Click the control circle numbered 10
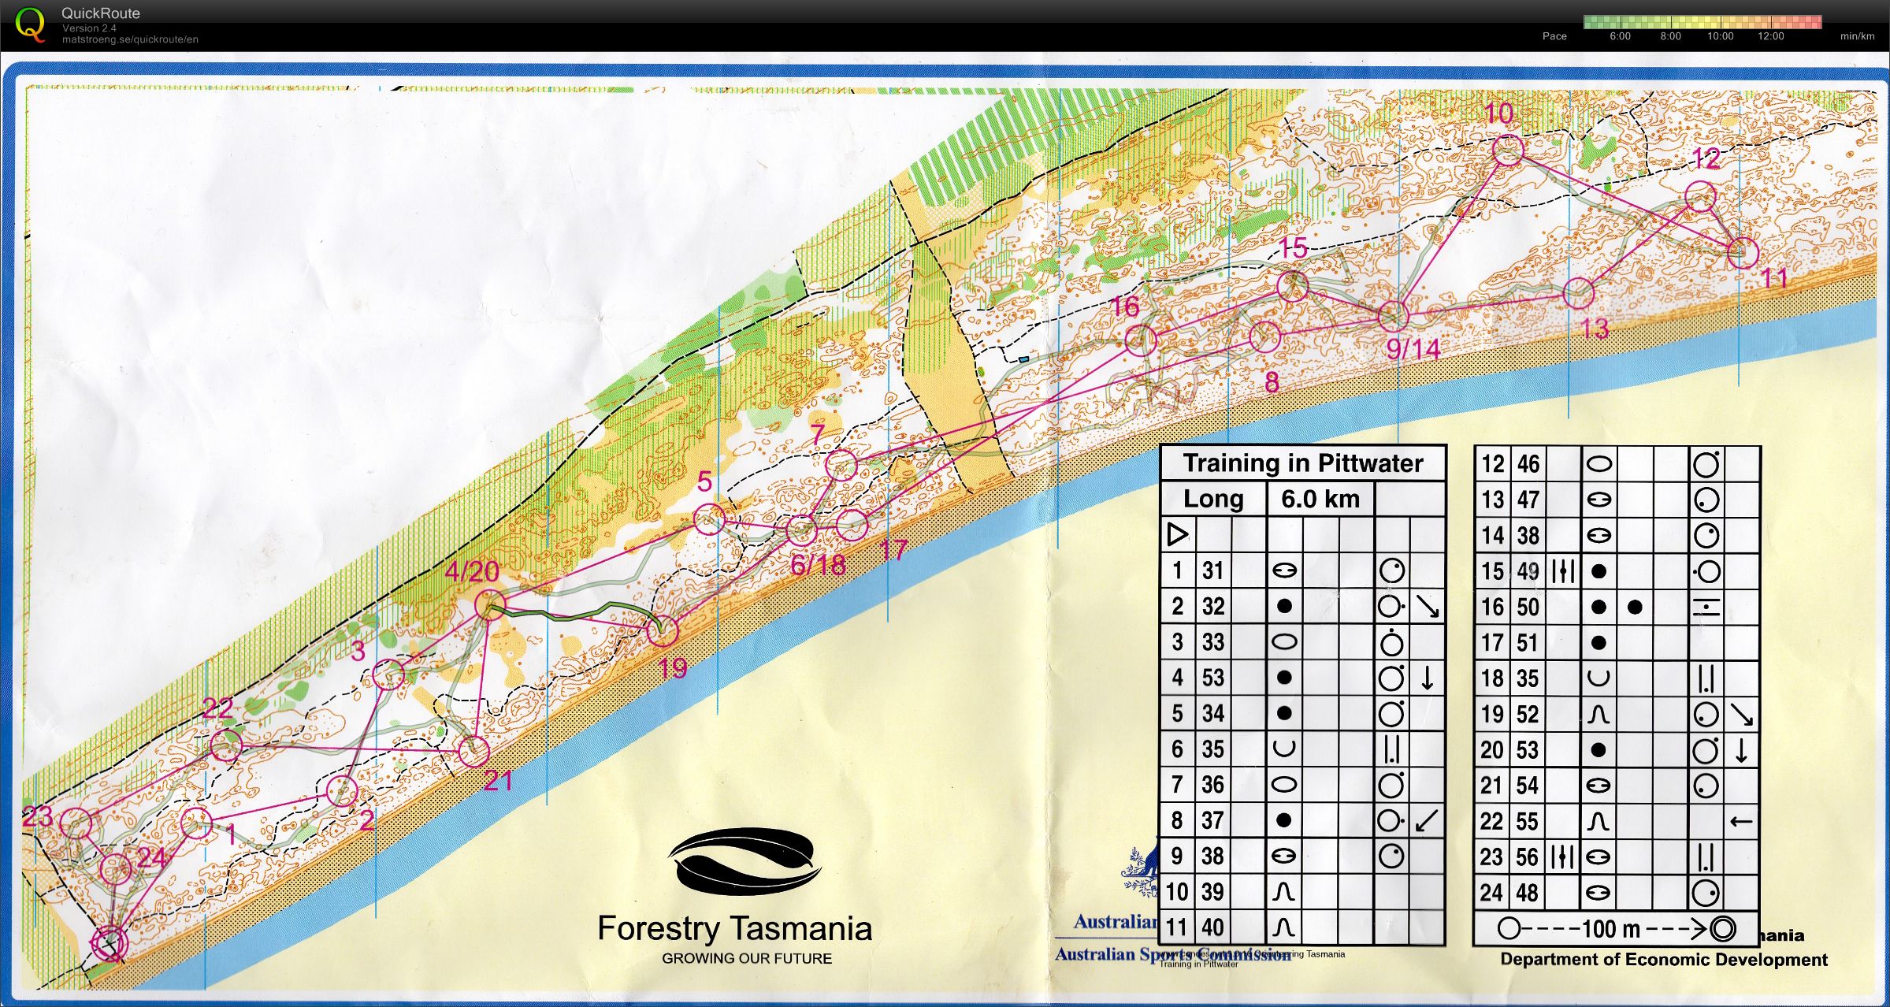1507,150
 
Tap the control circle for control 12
1700,197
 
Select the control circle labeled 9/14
1393,316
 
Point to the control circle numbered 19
663,630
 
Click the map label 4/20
472,571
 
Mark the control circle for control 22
226,745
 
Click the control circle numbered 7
841,465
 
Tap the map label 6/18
818,564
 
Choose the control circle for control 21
473,752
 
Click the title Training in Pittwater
1303,463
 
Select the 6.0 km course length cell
1320,499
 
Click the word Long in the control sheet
1213,499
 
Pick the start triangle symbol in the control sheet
1177,534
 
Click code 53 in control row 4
1212,678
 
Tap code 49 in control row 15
1528,571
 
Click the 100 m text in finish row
1610,929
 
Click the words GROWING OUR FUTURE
746,958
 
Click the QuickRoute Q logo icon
30,24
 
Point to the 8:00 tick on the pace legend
1670,36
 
